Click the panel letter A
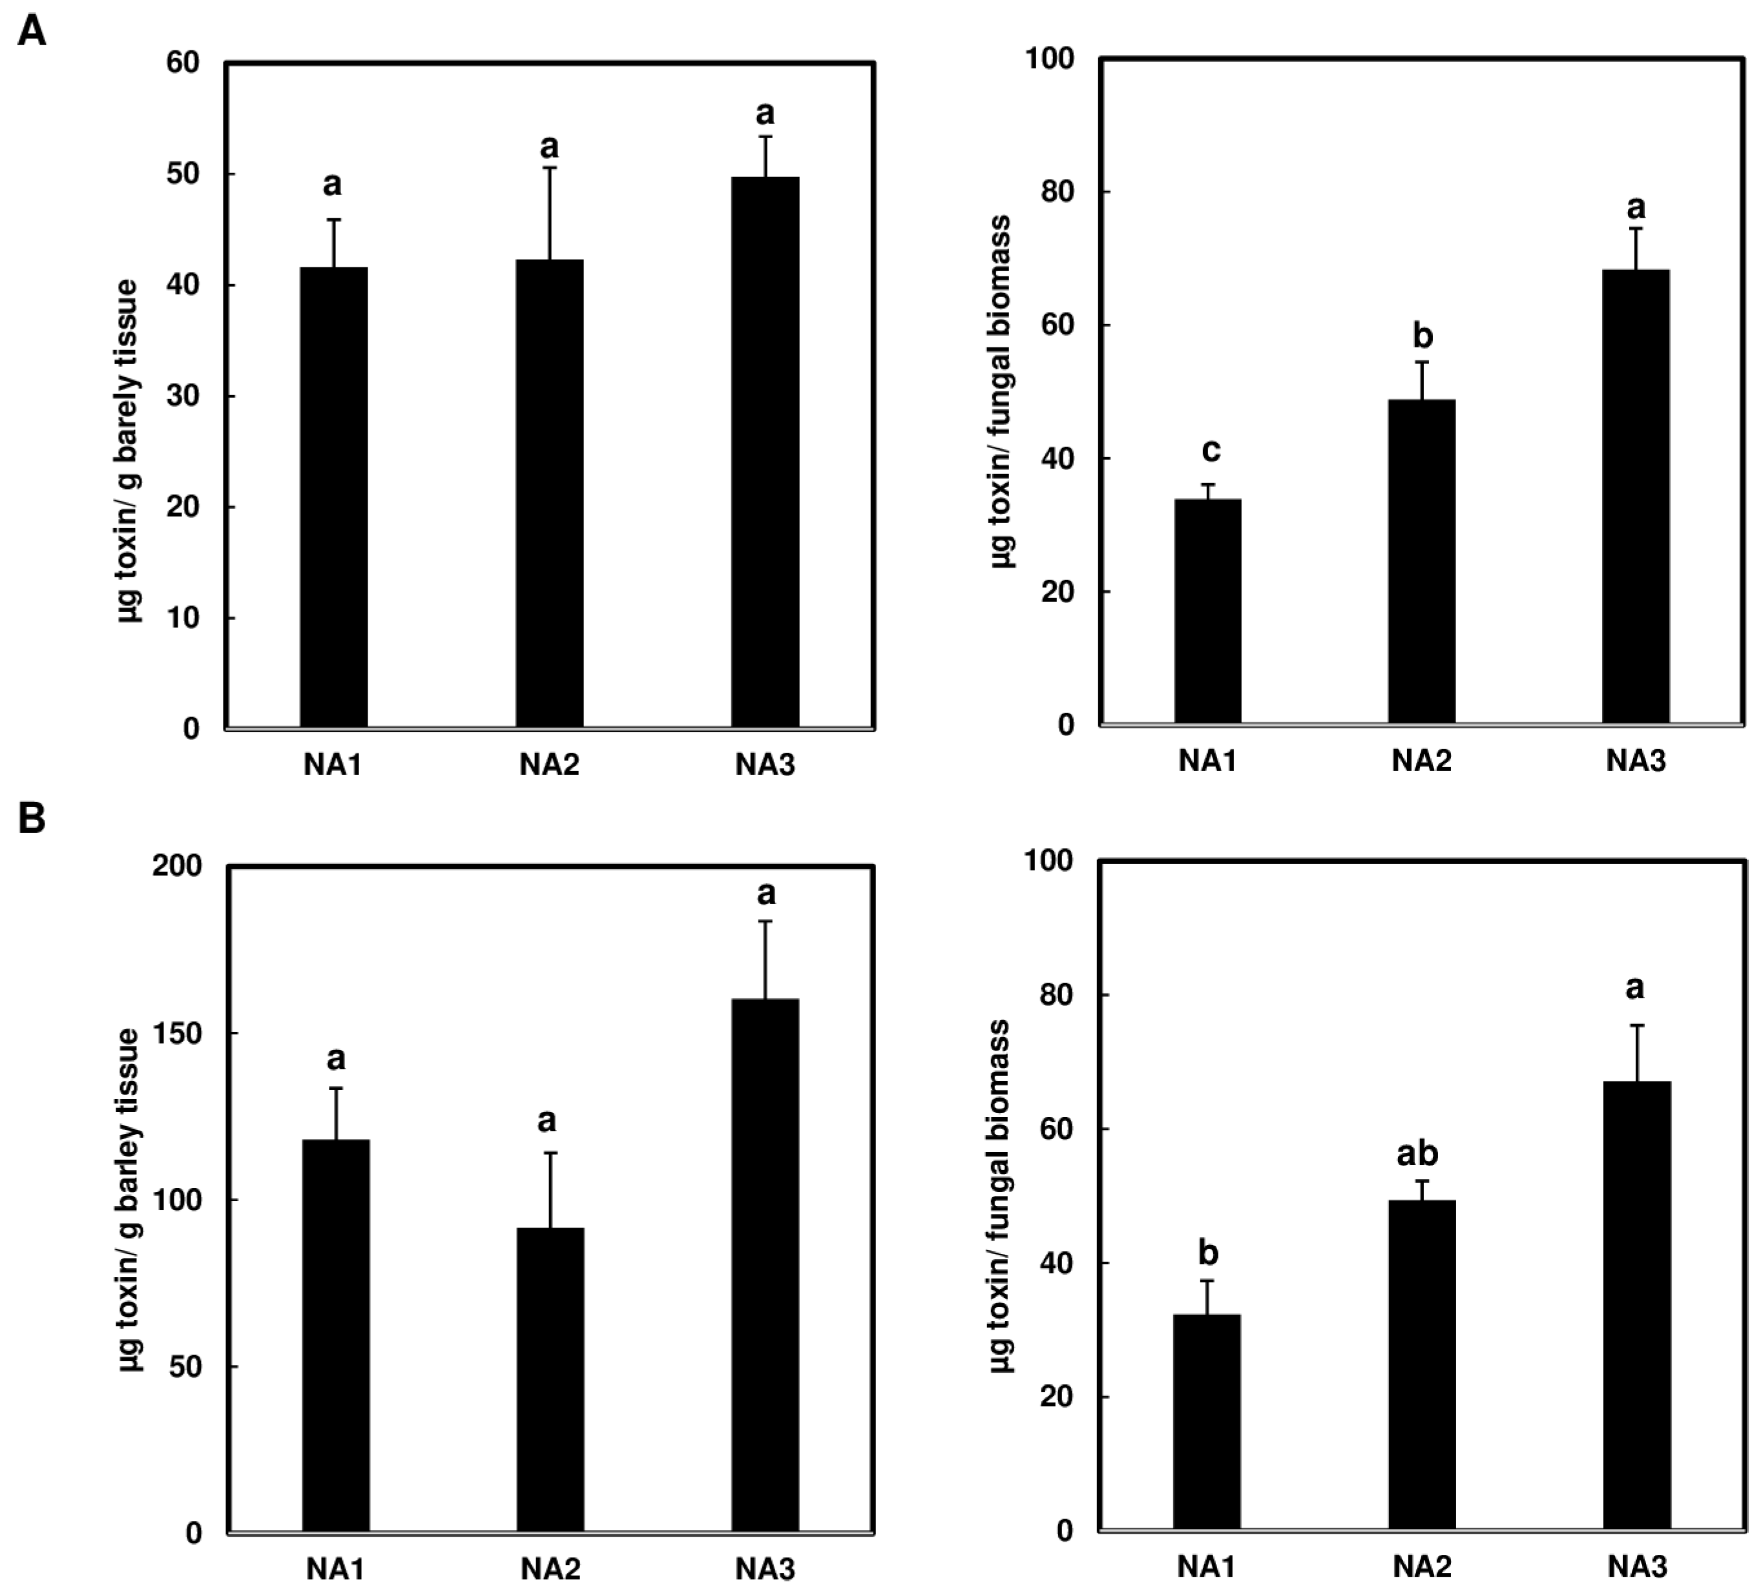32,32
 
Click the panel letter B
32,819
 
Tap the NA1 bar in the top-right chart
1207,611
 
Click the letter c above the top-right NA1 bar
1210,451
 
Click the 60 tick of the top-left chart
183,63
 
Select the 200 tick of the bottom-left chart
176,865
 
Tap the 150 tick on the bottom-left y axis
176,1033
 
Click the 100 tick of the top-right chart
1049,59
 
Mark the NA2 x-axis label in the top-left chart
550,765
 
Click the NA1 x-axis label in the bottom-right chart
1206,1566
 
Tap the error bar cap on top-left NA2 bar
550,168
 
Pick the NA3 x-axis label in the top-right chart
1636,761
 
